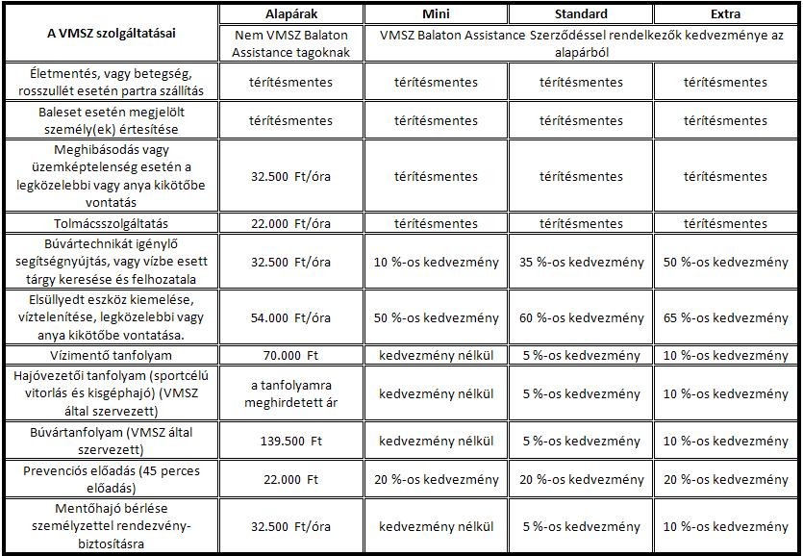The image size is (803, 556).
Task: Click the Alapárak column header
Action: (x=290, y=14)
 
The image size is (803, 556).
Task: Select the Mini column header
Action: (x=436, y=14)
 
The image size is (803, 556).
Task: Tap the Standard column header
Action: (x=581, y=14)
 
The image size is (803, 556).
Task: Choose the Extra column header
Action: (x=725, y=14)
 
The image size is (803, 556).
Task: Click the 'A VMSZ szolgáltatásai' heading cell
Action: (x=111, y=33)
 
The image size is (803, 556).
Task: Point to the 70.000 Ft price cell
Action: (x=290, y=355)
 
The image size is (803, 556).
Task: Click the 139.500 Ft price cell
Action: (x=290, y=441)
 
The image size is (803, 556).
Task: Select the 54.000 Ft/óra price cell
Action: (x=290, y=317)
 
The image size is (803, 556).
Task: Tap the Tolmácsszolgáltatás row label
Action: (x=111, y=223)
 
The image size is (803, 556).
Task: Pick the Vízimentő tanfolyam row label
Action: (x=111, y=355)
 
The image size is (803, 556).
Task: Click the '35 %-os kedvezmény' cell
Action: (x=581, y=262)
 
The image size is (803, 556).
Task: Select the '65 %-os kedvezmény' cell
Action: (x=725, y=317)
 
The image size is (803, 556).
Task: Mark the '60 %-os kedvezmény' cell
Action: (x=581, y=317)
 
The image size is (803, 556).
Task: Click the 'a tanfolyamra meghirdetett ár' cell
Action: (x=290, y=394)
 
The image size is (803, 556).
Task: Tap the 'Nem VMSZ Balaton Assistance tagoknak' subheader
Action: (x=290, y=44)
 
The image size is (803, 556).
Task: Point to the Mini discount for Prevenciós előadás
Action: (x=436, y=479)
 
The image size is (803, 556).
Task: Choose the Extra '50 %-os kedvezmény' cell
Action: (x=725, y=262)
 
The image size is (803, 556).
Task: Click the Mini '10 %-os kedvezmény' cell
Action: (x=436, y=262)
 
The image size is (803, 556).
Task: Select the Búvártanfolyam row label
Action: (x=111, y=441)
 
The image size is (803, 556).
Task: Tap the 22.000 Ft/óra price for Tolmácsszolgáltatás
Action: (x=290, y=223)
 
